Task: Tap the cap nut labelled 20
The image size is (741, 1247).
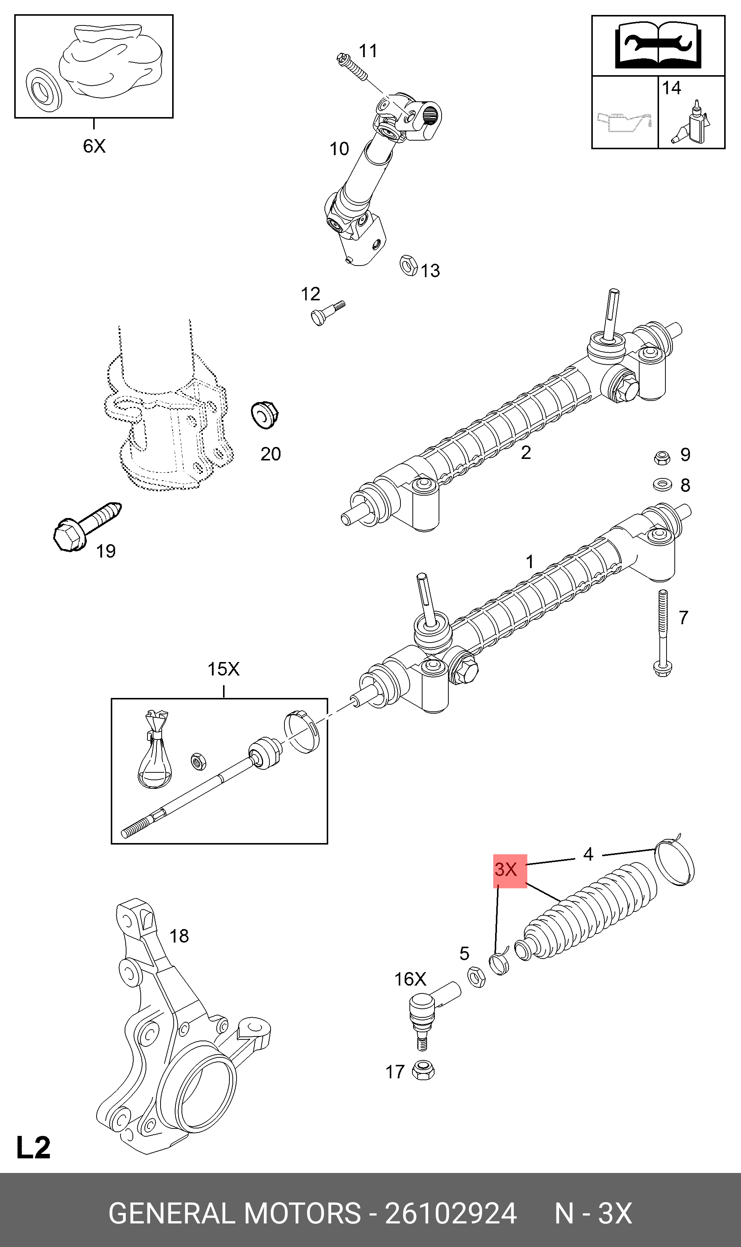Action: coord(264,414)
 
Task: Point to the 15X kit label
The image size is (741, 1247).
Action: coord(223,669)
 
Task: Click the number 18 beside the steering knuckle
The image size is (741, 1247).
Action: coord(179,936)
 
